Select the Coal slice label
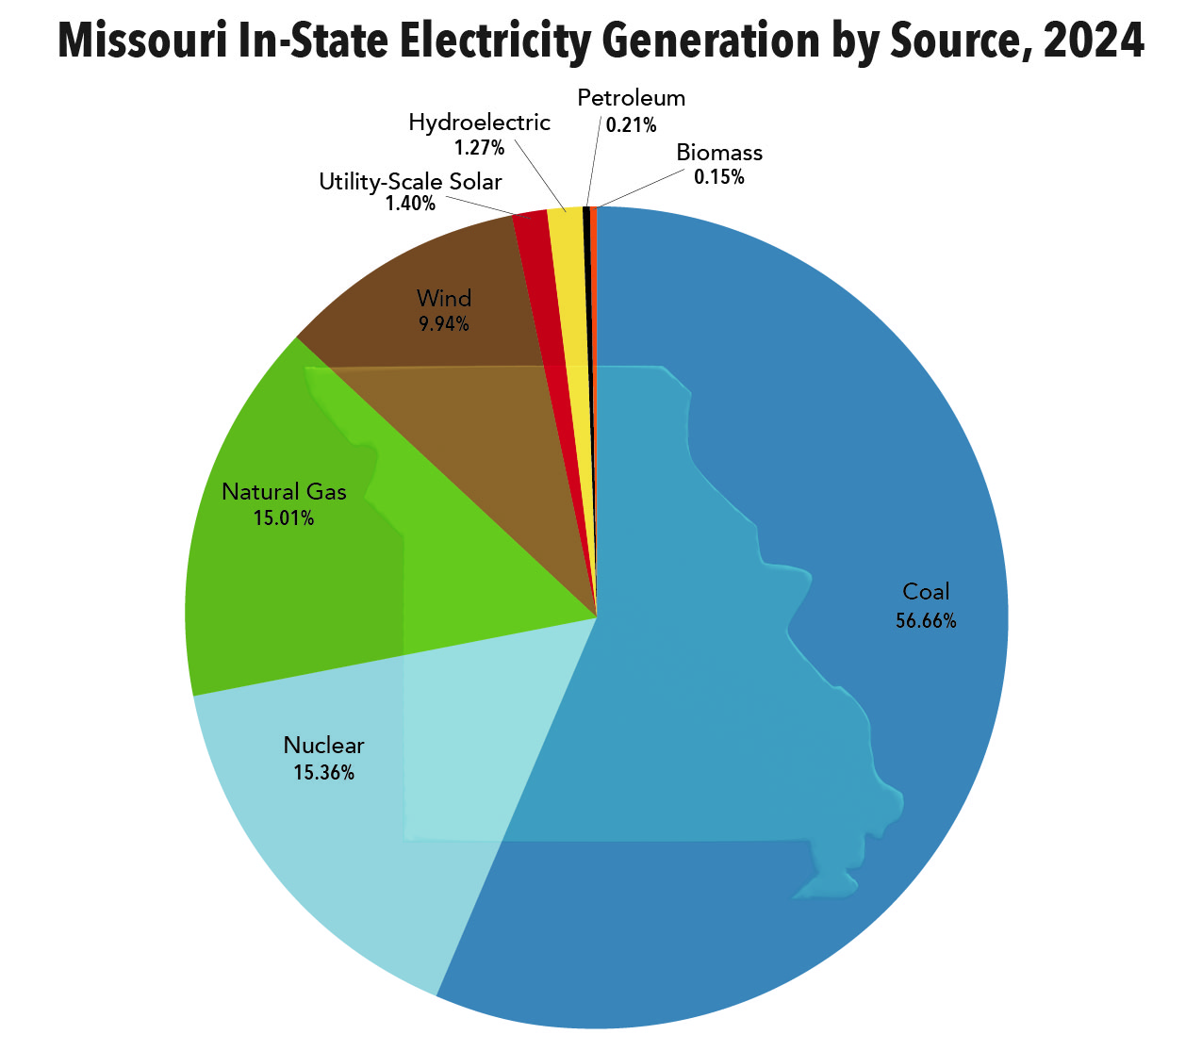(926, 591)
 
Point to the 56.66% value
(926, 620)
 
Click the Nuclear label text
(323, 745)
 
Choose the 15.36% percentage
(323, 773)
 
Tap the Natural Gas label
(284, 491)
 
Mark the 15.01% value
(284, 517)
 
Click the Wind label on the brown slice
(444, 299)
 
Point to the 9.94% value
(444, 324)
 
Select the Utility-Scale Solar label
(410, 181)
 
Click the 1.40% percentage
(410, 204)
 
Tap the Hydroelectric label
(479, 123)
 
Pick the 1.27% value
(479, 148)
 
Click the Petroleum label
(631, 98)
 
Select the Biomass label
(719, 153)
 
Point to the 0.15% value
(719, 177)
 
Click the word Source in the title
(947, 41)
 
